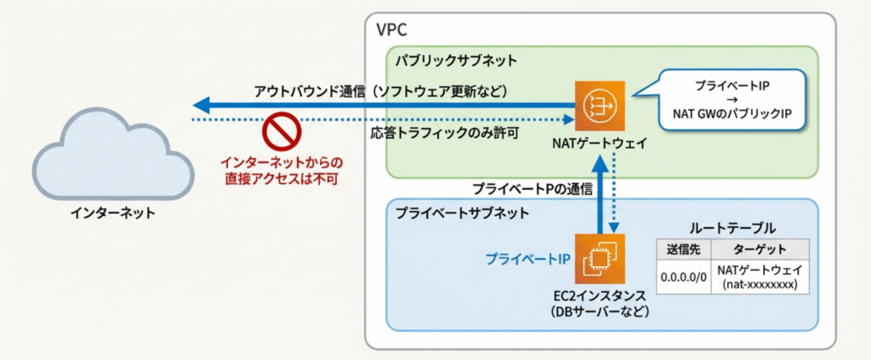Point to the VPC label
pyautogui.click(x=391, y=30)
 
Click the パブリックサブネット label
pyautogui.click(x=455, y=61)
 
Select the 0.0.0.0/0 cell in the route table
pyautogui.click(x=682, y=277)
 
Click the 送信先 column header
pyautogui.click(x=682, y=249)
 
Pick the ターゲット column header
pyautogui.click(x=759, y=249)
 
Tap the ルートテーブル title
pyautogui.click(x=732, y=227)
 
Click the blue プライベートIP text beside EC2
pyautogui.click(x=527, y=259)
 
